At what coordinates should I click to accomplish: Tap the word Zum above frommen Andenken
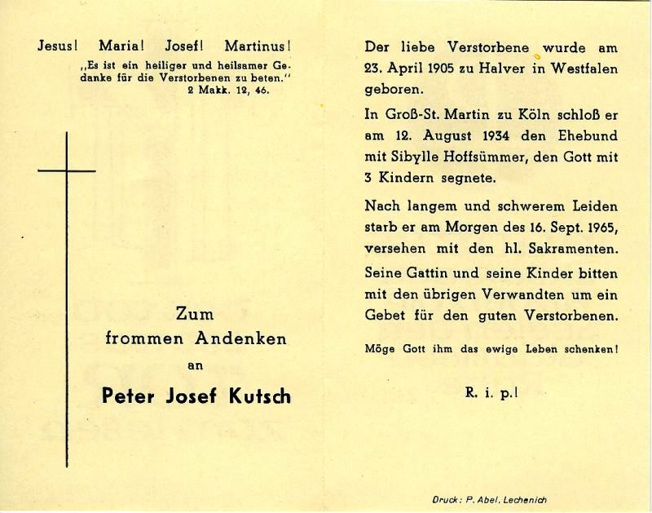pyautogui.click(x=196, y=312)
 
